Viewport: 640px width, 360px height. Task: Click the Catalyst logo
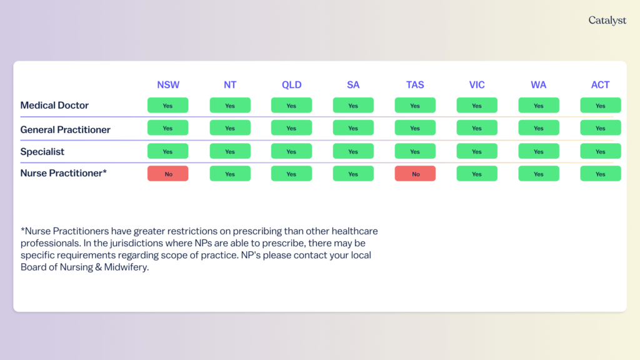(607, 21)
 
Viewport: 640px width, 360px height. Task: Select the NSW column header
(168, 85)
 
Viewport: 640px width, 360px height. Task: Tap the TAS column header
(415, 85)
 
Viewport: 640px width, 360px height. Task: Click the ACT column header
(601, 85)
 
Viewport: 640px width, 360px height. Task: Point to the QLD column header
(291, 85)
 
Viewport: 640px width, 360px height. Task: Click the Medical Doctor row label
(54, 105)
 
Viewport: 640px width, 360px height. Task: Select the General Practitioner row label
(65, 130)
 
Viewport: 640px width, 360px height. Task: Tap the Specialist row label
(42, 152)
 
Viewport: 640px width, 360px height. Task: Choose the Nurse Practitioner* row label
(64, 174)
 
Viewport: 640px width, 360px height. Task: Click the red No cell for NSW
(167, 174)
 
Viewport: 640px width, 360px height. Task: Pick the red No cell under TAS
(415, 174)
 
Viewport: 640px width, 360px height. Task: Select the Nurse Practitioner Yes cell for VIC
(477, 174)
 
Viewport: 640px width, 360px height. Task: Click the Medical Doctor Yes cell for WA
(539, 105)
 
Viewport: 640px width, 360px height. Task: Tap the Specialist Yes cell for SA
(353, 151)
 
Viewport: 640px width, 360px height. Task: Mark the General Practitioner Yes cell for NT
(230, 127)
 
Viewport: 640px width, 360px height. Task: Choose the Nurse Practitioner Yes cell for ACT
(601, 174)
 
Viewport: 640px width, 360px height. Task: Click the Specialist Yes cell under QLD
(291, 151)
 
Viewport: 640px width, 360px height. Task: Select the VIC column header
(477, 85)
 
